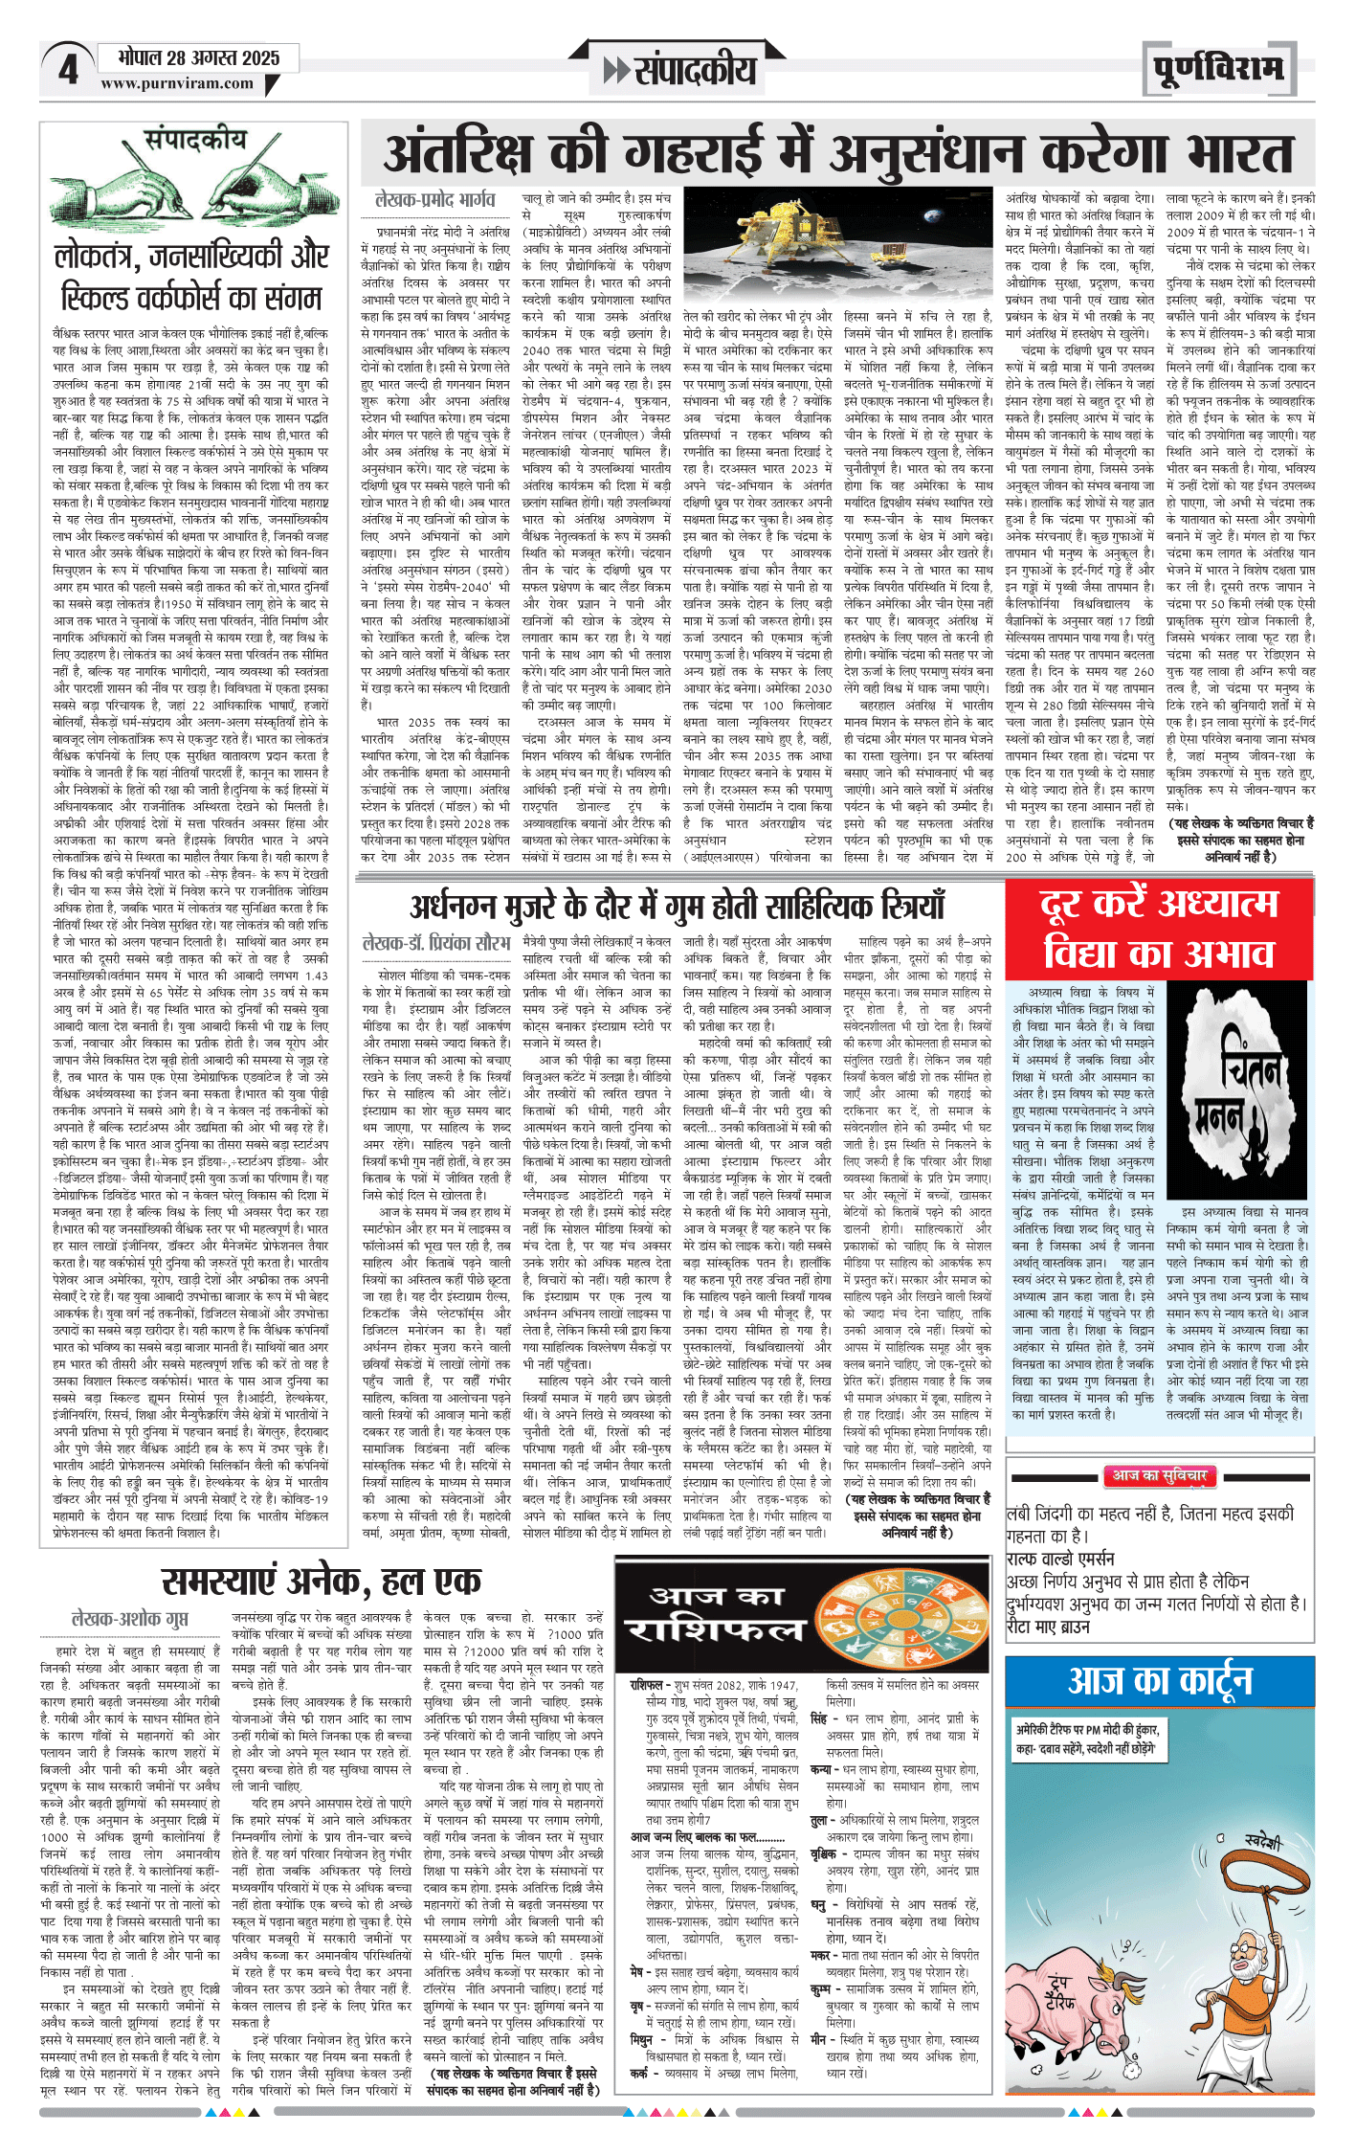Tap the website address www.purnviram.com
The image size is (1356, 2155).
coord(177,84)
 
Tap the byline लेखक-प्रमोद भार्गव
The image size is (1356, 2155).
coord(434,200)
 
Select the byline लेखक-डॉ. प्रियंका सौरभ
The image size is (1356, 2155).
coord(435,943)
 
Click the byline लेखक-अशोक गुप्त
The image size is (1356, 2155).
coord(130,1618)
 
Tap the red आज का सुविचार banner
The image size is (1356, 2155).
coord(1159,1476)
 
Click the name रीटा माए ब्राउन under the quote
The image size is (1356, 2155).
coord(1048,1627)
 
